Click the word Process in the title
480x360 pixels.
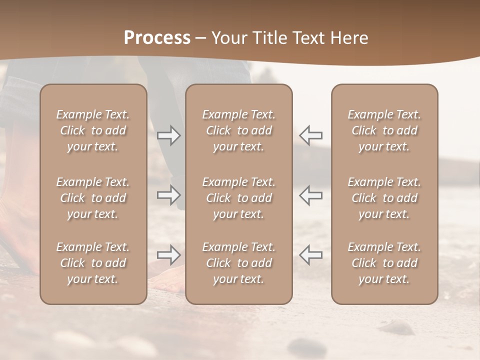(x=157, y=38)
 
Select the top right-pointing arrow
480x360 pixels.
(x=169, y=135)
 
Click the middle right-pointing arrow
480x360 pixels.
(x=169, y=195)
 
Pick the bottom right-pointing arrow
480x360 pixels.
(x=169, y=255)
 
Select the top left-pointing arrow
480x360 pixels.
(x=310, y=135)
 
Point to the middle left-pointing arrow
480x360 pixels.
(x=310, y=195)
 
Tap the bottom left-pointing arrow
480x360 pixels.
(x=310, y=255)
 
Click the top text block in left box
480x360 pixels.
(x=93, y=130)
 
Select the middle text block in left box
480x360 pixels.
(x=93, y=198)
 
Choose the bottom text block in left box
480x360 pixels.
(x=93, y=263)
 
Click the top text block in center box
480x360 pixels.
(x=238, y=130)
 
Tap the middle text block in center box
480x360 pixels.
(x=238, y=198)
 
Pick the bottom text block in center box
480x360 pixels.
(x=238, y=263)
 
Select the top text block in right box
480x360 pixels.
(x=384, y=130)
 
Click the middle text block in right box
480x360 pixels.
(x=384, y=198)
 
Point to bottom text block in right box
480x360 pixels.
(x=384, y=263)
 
